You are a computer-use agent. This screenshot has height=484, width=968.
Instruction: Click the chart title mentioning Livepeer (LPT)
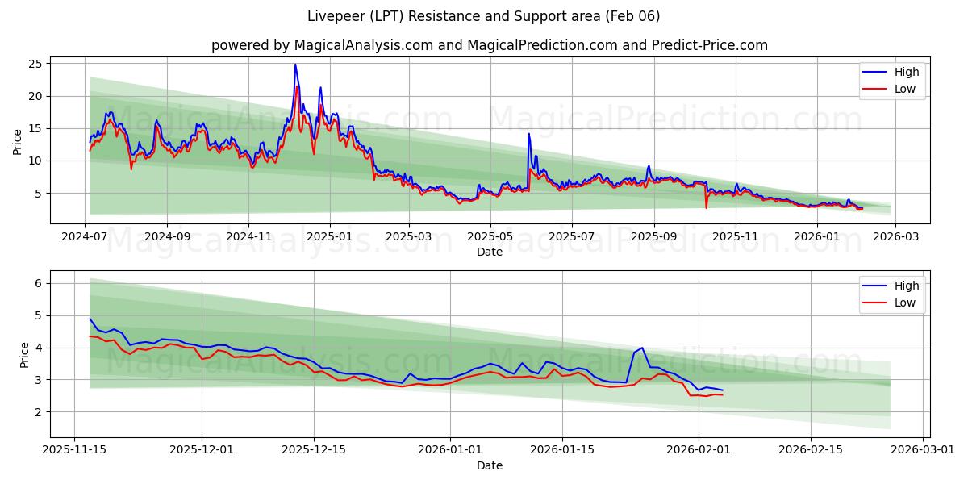tap(483, 16)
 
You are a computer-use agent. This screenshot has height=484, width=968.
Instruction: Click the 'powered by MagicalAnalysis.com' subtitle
tap(489, 45)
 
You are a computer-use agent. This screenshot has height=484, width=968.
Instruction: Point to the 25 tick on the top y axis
tap(37, 63)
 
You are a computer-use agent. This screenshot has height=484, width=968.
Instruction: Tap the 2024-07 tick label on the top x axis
tap(86, 237)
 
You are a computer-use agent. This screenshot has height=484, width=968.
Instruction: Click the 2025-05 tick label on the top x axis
tap(490, 237)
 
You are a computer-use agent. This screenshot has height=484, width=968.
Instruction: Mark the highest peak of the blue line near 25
tap(295, 65)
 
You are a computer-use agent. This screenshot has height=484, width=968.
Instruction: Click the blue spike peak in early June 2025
tap(528, 133)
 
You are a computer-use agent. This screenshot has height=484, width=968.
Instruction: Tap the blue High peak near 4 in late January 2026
tap(642, 348)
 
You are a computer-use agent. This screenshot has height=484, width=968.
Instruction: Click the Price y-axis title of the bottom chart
tap(24, 354)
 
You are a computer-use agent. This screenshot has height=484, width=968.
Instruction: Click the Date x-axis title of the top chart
tap(489, 252)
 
